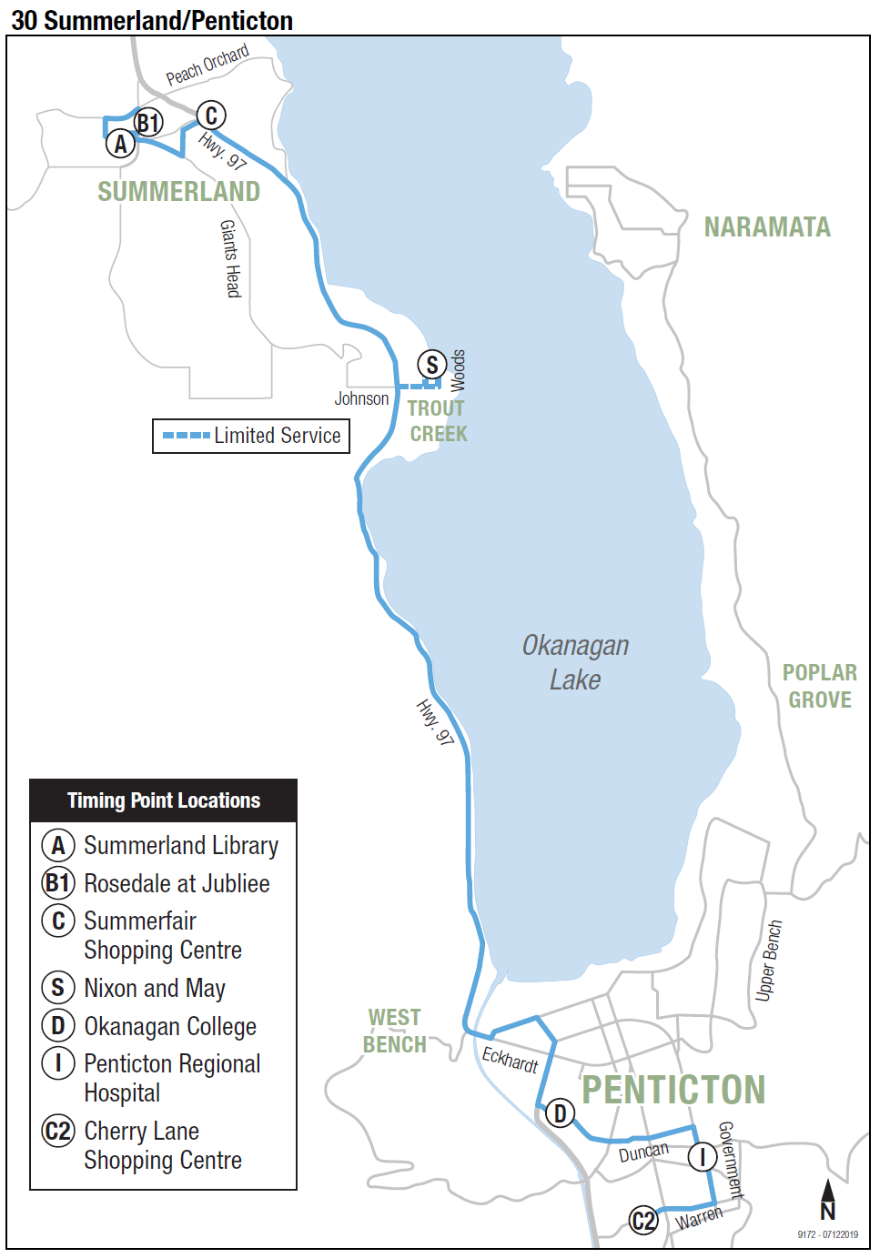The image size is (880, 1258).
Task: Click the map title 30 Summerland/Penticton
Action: [152, 20]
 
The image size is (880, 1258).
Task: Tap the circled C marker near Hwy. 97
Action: [211, 116]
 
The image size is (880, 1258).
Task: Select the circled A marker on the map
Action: [120, 144]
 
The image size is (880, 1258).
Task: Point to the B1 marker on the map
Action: [147, 122]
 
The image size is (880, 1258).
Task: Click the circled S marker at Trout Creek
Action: [432, 366]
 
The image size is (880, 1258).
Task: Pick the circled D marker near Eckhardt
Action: [561, 1112]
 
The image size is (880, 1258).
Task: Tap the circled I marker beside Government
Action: [702, 1158]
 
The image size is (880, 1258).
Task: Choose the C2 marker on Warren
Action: [643, 1220]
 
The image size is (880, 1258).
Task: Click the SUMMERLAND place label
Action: [178, 192]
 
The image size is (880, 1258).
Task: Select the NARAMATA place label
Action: [767, 227]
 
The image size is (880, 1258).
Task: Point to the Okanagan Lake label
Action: [575, 662]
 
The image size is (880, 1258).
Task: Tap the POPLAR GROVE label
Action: [819, 686]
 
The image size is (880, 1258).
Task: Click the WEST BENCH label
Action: [395, 1031]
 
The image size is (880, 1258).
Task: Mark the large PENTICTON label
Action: [673, 1090]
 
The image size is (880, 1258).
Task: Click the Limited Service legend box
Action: [251, 436]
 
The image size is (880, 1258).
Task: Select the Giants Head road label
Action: [230, 258]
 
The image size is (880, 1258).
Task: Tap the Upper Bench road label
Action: [768, 961]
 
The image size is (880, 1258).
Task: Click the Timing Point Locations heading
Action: [164, 800]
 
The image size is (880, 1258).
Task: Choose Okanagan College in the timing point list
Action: [170, 1026]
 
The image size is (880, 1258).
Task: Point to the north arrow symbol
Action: [827, 1199]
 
